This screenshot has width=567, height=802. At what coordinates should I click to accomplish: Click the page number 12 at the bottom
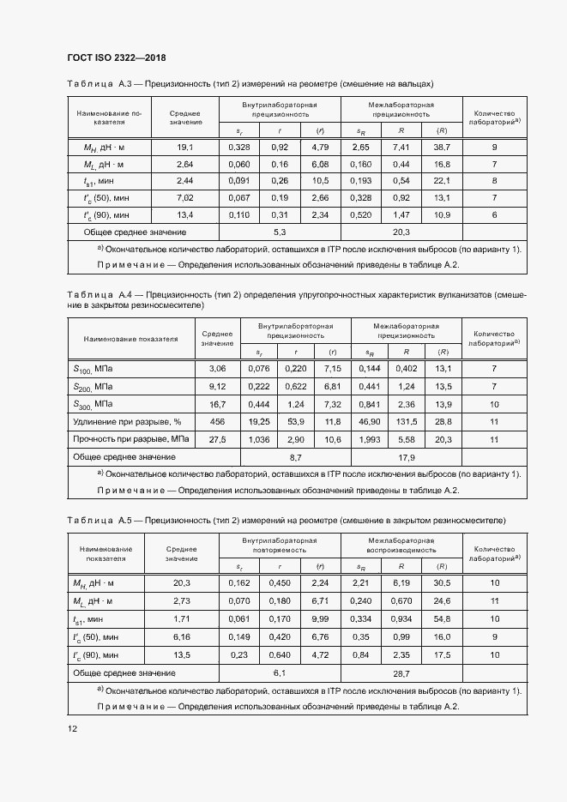[73, 729]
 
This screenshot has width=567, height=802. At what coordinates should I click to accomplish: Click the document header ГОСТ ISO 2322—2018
[116, 58]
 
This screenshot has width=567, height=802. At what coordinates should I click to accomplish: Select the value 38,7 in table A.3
[443, 148]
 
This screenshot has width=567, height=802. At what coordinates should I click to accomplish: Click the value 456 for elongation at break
[217, 422]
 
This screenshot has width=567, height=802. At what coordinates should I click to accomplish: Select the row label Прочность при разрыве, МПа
[130, 439]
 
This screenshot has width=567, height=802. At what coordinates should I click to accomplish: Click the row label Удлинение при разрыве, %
[128, 422]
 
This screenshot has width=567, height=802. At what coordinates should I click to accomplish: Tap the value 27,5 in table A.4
[217, 439]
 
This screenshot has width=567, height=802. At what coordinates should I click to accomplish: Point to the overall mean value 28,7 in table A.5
[401, 674]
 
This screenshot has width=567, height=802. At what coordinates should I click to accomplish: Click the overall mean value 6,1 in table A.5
[280, 674]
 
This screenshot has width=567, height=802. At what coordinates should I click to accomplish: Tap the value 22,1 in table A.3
[443, 181]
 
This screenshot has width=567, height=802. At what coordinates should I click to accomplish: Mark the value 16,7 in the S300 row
[217, 404]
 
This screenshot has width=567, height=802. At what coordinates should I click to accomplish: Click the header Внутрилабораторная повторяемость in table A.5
[280, 546]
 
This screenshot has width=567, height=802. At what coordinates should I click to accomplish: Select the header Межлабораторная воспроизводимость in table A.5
[401, 546]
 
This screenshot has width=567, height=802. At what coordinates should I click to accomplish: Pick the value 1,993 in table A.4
[370, 439]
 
